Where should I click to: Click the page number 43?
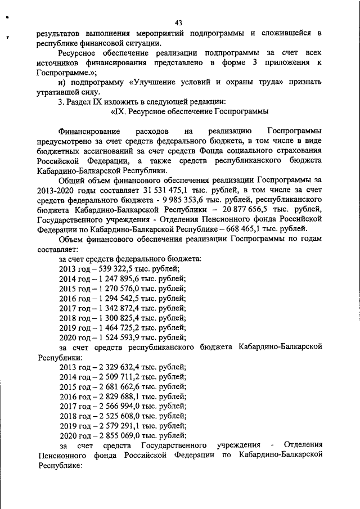(x=179, y=23)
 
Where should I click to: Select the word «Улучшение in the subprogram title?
(x=154, y=83)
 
